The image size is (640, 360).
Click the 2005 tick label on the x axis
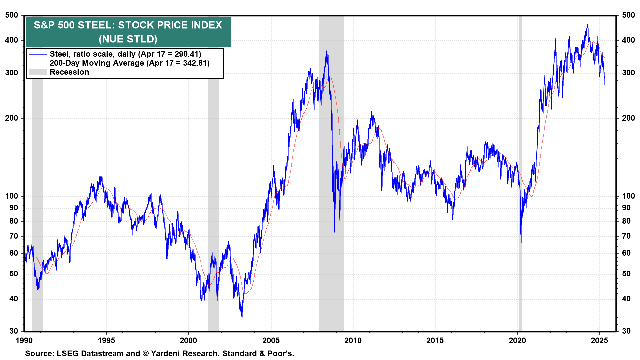click(271, 340)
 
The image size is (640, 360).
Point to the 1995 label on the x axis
click(106, 340)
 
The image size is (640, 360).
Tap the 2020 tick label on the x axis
click(517, 340)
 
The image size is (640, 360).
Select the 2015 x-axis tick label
click(435, 340)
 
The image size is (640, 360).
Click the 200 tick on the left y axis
click(12, 118)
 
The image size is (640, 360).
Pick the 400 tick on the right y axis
click(628, 40)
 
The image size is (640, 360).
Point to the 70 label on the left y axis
click(14, 236)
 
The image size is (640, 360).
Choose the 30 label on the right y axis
click(626, 331)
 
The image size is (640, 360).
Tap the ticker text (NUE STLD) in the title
click(128, 39)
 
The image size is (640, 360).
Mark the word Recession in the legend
click(69, 72)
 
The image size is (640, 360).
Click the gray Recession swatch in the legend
click(37, 72)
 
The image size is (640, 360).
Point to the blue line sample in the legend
click(37, 54)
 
